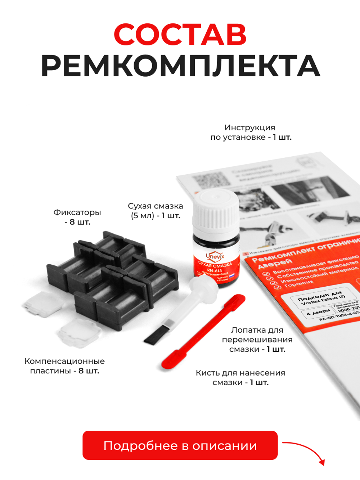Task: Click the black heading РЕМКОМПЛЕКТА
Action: click(180, 66)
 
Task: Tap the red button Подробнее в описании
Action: click(180, 445)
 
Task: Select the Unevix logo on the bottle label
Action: click(215, 256)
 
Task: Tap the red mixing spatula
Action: click(202, 331)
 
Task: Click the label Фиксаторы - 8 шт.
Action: click(77, 217)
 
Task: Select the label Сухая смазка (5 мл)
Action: click(156, 211)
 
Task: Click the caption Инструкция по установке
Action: click(251, 132)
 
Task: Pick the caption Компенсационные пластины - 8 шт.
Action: click(64, 366)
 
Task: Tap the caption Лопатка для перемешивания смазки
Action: click(257, 340)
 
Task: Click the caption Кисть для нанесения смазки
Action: click(240, 377)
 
